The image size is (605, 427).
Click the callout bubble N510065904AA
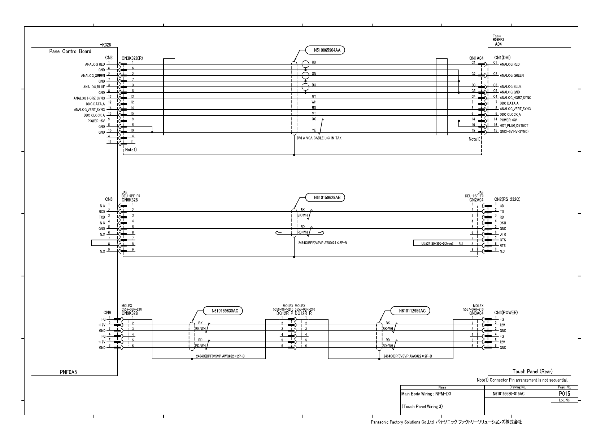point(325,50)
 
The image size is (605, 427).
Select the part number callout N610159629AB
point(325,197)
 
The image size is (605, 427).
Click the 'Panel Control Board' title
point(70,52)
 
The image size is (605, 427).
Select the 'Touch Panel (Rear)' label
point(532,372)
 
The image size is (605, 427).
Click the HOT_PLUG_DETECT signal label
point(514,126)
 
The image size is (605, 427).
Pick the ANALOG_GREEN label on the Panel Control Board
point(93,76)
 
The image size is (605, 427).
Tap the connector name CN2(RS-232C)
point(507,199)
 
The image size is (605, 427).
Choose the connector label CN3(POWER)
point(506,312)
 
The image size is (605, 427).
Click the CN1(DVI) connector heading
point(502,58)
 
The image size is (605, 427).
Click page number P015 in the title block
point(564,394)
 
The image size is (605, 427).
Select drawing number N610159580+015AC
point(508,394)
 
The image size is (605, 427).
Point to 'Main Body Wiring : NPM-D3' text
point(426,394)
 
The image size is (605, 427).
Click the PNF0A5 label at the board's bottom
point(68,373)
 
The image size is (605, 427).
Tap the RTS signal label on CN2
point(502,246)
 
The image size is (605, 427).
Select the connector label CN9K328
point(130,313)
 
